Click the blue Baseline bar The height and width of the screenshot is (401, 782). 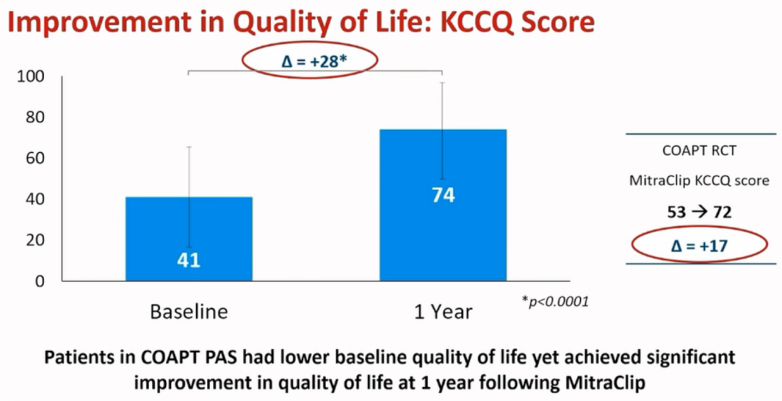pyautogui.click(x=189, y=239)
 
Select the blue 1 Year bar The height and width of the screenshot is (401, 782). pyautogui.click(x=443, y=204)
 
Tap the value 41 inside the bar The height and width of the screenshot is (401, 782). pyautogui.click(x=189, y=260)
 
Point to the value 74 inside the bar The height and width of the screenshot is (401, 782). pyautogui.click(x=443, y=195)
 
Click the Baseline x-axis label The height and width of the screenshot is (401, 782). pyautogui.click(x=189, y=312)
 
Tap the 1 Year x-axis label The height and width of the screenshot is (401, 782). pyautogui.click(x=443, y=313)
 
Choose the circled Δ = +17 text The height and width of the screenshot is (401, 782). pyautogui.click(x=699, y=247)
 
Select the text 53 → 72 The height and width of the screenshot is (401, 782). pyautogui.click(x=699, y=212)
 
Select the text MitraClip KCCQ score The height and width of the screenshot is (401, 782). pyautogui.click(x=699, y=181)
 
